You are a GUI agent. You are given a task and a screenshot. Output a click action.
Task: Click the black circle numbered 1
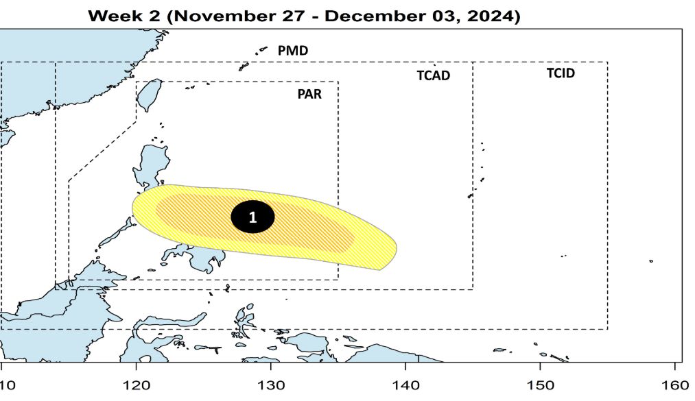(252, 217)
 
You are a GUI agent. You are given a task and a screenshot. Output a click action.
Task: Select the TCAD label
(434, 75)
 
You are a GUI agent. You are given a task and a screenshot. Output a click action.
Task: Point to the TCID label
(561, 73)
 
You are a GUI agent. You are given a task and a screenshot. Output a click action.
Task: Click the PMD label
(293, 51)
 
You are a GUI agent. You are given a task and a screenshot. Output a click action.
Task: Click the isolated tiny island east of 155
(650, 260)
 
